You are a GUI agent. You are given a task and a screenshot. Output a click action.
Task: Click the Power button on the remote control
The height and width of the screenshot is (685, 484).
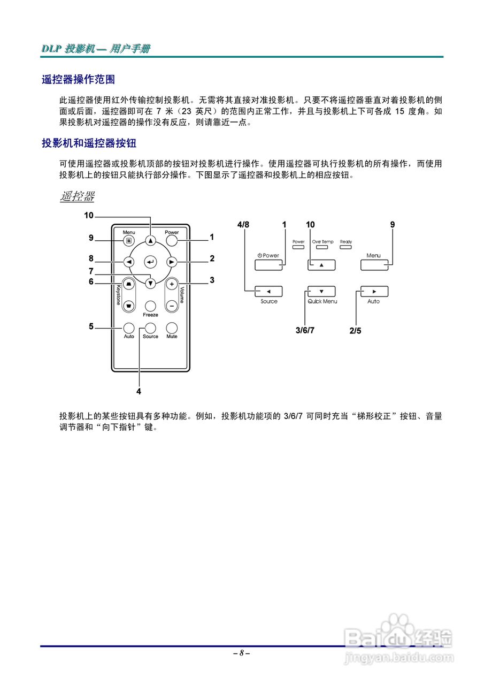coord(171,241)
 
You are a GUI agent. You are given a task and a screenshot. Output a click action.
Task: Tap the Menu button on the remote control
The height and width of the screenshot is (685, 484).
coord(128,241)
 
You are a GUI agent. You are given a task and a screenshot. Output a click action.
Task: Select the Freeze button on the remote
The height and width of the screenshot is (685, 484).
coord(150,306)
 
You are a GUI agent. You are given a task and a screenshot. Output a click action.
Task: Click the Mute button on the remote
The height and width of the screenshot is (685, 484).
coord(172,328)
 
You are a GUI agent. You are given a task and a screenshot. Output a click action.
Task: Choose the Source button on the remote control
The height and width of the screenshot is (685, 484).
coord(150,328)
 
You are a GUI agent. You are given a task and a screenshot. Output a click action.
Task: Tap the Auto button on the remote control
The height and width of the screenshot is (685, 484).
coord(129,328)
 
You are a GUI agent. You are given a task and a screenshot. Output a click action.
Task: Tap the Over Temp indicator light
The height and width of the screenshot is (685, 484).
coord(322,248)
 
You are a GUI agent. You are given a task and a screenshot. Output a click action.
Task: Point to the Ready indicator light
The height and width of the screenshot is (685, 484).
coord(346,248)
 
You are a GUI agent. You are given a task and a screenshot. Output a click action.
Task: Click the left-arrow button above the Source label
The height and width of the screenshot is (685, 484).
coord(268,292)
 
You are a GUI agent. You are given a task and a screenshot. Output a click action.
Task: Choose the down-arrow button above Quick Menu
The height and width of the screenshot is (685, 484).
coord(321,292)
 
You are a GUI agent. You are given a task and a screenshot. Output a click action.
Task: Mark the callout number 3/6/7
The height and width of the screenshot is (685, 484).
coord(305,330)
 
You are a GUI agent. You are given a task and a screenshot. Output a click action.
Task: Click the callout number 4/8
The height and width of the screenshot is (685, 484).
coord(243,225)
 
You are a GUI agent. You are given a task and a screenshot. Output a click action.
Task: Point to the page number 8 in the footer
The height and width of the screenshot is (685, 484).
coord(242,653)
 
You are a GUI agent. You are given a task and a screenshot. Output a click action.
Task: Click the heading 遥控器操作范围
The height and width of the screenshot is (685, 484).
coord(79,80)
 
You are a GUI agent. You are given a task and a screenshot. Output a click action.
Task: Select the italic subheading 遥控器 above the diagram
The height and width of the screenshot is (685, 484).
coord(77,196)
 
